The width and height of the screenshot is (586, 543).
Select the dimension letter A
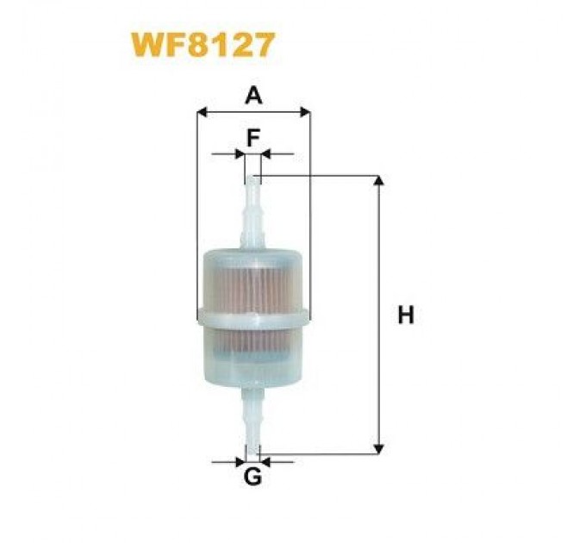pos(252,96)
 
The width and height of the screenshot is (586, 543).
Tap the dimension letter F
pos(252,138)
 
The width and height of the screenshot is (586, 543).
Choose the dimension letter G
pos(252,476)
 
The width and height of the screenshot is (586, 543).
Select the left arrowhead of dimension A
pos(203,111)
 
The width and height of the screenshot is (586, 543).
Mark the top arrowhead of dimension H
pos(377,181)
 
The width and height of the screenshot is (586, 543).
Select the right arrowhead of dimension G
pos(265,461)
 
